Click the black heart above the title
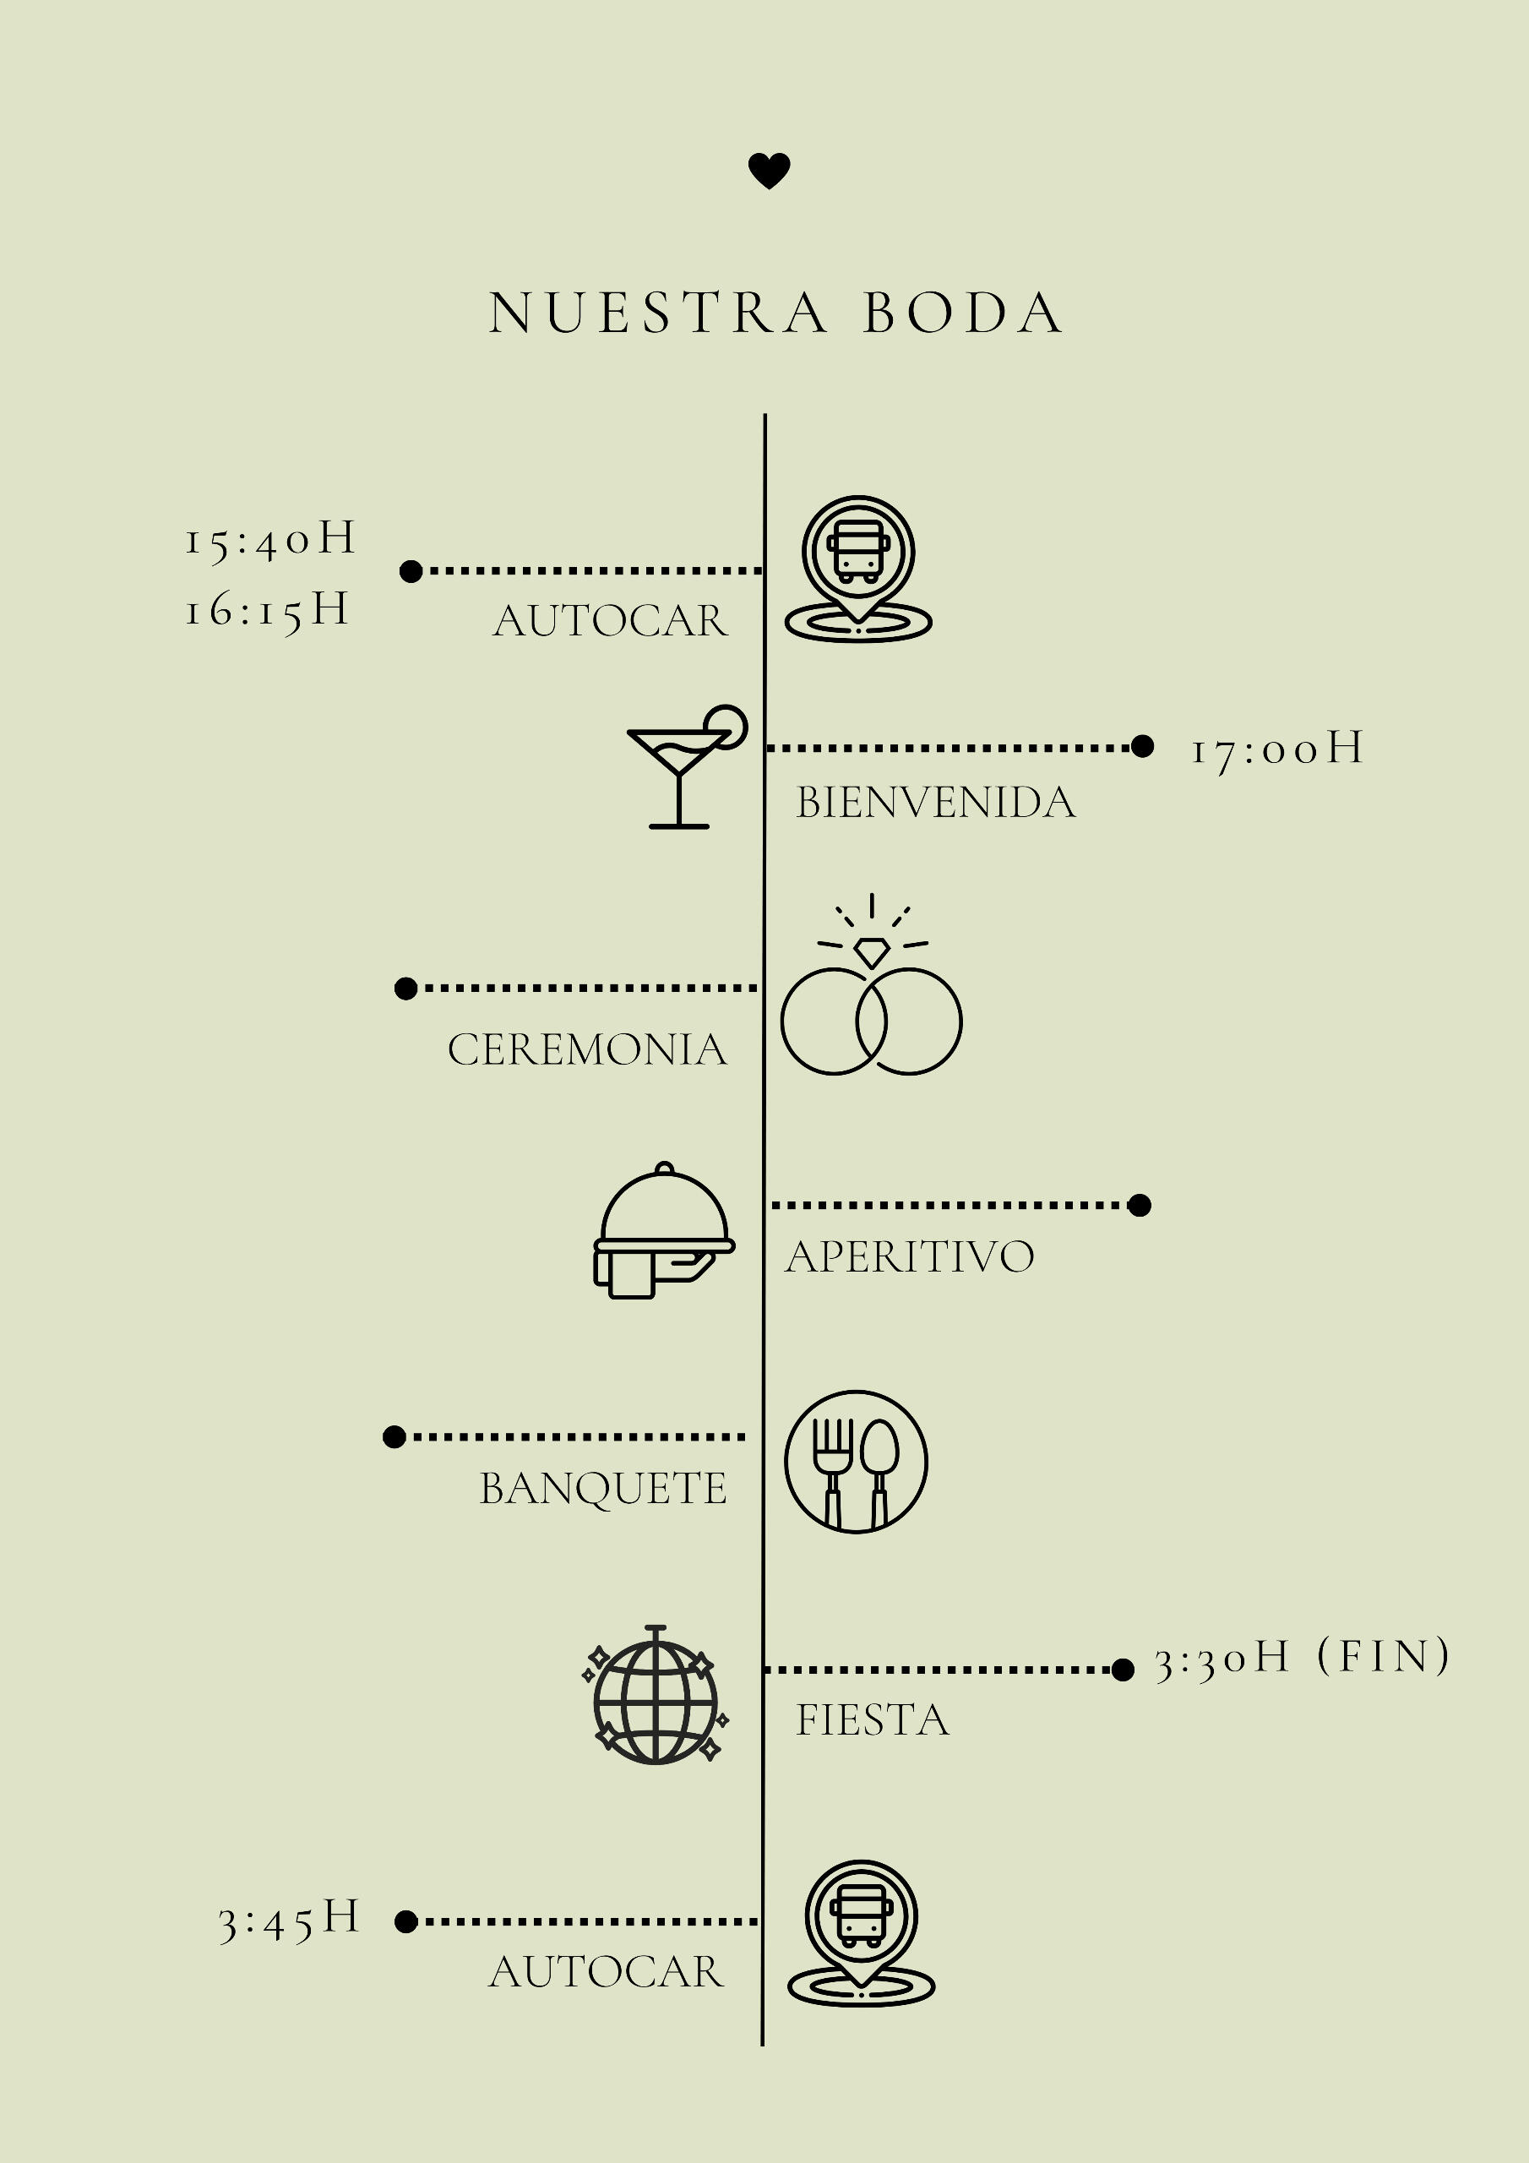[769, 171]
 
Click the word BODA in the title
[963, 313]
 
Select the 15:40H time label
[270, 540]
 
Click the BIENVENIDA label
[935, 803]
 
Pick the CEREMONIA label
[587, 1049]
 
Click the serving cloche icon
[664, 1231]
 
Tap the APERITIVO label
[910, 1256]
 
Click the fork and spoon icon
[856, 1461]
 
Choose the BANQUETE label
[603, 1489]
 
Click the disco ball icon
[656, 1695]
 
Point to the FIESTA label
[873, 1720]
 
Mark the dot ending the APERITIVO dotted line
[1139, 1205]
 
